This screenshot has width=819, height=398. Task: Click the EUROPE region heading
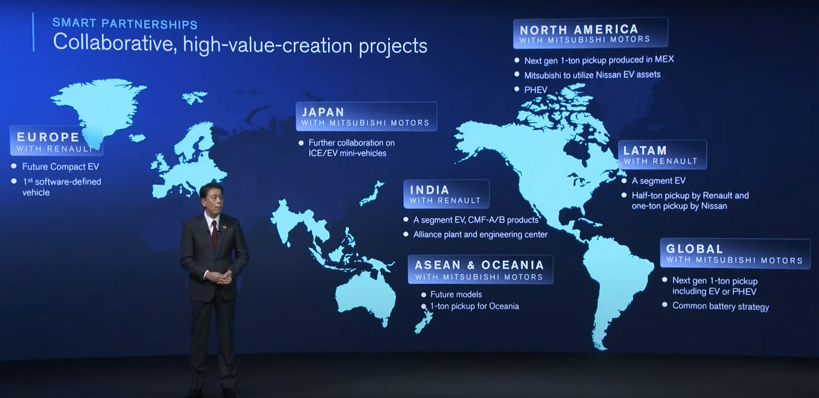48,137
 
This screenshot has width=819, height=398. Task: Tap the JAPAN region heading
323,112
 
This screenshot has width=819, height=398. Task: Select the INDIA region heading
430,190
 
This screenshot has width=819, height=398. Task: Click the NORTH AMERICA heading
579,30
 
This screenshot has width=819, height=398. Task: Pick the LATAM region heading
645,150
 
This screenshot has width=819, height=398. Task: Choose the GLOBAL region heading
694,249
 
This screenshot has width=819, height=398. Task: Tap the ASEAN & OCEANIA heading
479,265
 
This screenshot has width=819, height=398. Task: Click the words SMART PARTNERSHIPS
125,24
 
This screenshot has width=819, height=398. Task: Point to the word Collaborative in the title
114,43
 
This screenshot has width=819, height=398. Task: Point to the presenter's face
211,202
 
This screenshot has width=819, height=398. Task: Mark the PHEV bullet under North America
536,90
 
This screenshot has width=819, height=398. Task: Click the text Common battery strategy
721,306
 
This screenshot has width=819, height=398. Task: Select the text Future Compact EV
61,167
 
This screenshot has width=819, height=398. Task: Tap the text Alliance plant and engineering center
480,235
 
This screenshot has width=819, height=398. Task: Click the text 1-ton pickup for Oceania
475,306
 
